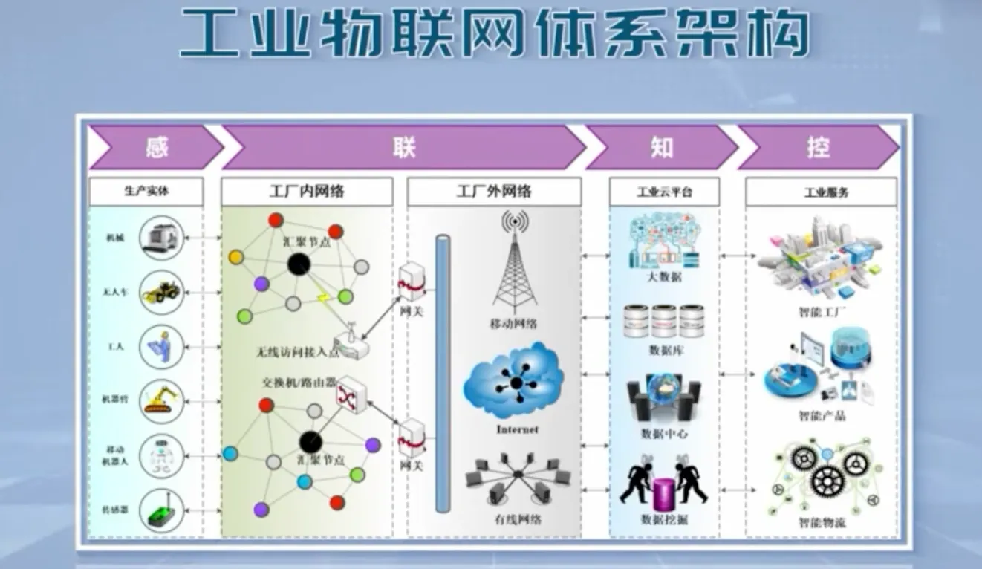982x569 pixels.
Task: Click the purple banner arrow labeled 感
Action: [x=156, y=147]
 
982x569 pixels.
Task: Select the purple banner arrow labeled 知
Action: [x=660, y=147]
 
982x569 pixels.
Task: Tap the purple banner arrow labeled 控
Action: [x=817, y=147]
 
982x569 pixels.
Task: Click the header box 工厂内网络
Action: [x=307, y=192]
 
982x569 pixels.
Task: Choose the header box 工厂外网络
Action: [x=494, y=192]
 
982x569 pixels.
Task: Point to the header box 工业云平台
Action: [x=664, y=192]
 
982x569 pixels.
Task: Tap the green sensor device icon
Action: [x=161, y=510]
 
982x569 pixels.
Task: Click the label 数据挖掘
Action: [x=664, y=519]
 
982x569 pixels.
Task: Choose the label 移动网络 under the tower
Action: [x=514, y=323]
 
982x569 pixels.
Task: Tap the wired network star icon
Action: [x=514, y=478]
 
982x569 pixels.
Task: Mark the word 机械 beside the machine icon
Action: [x=115, y=238]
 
